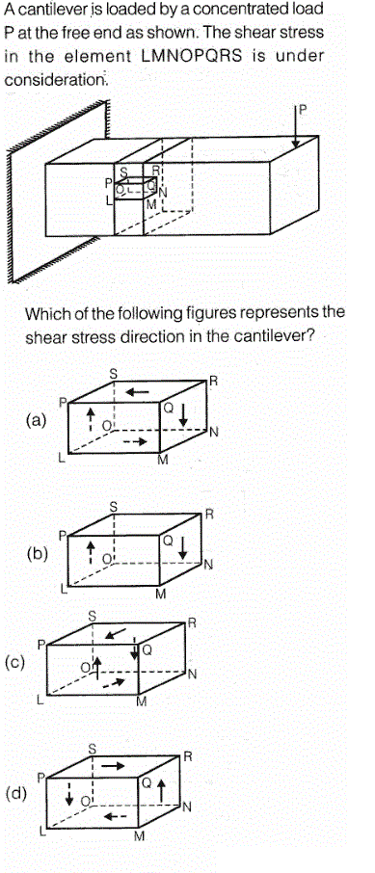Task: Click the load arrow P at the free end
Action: (x=296, y=127)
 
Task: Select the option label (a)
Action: (x=37, y=420)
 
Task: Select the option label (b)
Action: (x=38, y=554)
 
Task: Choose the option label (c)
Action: (x=14, y=663)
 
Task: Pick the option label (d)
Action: (x=15, y=793)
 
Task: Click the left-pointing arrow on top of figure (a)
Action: (x=137, y=392)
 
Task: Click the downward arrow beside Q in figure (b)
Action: (x=183, y=548)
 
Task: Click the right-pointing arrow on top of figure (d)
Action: (x=113, y=765)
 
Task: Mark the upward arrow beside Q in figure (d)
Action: (x=162, y=790)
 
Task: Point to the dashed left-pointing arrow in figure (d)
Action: (x=116, y=817)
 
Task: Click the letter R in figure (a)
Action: (x=213, y=382)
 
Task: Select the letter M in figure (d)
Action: (x=140, y=835)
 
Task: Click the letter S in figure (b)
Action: (x=113, y=506)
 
